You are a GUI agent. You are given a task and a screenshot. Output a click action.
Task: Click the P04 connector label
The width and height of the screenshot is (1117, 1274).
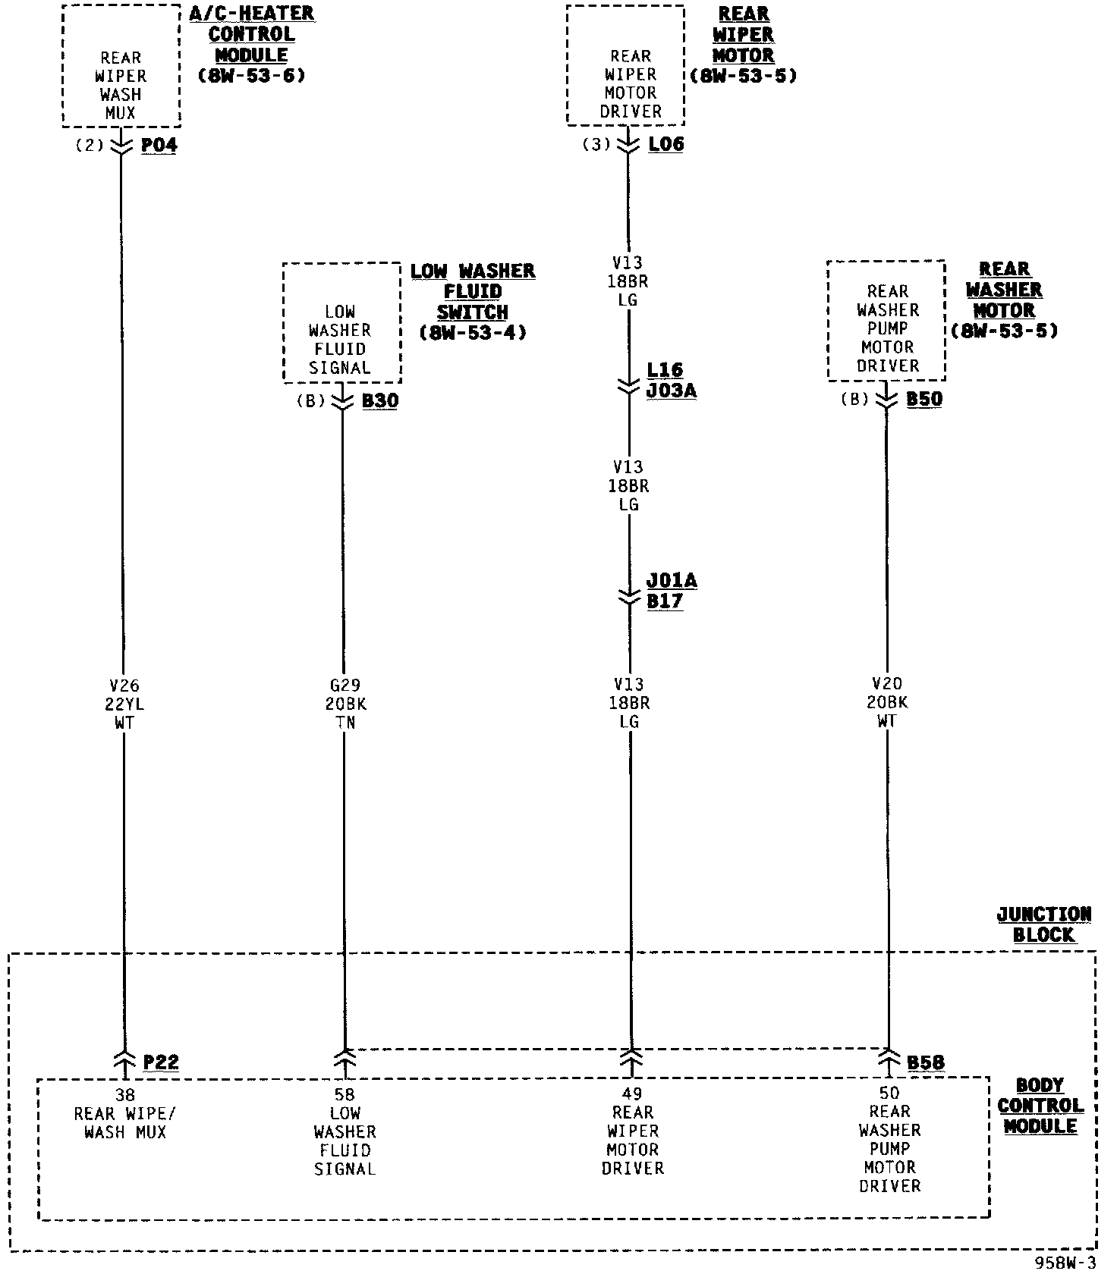coord(159,146)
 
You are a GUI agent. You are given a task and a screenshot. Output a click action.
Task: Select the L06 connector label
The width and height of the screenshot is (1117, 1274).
coord(666,144)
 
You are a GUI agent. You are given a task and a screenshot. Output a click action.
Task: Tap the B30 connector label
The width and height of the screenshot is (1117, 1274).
coord(380,401)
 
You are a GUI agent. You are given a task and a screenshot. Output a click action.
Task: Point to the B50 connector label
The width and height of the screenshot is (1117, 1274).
coord(925,400)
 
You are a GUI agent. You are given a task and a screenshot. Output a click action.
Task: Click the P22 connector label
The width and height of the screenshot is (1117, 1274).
coord(161,1062)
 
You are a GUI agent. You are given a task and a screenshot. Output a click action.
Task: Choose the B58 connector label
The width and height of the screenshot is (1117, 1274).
coord(926,1062)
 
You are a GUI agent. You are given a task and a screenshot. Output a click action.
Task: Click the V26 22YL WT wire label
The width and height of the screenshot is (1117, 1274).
coord(124,704)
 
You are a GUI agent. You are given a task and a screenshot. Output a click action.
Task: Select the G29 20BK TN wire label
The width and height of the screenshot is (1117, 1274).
coord(345,704)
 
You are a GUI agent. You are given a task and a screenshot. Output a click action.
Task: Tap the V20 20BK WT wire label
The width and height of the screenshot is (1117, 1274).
coord(887,703)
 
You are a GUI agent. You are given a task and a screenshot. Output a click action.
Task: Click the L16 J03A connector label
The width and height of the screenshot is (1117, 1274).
coord(671,380)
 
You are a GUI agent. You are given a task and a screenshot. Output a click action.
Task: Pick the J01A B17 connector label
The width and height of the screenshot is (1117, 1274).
coord(671,591)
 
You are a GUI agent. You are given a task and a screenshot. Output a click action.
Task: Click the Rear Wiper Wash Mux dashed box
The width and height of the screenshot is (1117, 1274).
coord(121,66)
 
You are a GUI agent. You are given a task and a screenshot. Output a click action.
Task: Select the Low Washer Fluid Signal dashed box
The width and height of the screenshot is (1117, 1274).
coord(341,323)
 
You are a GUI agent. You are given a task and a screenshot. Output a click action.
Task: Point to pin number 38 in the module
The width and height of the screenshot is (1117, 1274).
coord(124,1094)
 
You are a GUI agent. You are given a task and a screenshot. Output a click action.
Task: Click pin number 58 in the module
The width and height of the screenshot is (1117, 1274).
coord(345,1094)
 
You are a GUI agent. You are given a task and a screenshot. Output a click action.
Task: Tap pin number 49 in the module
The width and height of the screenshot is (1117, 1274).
coord(631,1094)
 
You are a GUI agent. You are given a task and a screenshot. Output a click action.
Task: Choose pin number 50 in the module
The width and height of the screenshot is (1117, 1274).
coord(889,1093)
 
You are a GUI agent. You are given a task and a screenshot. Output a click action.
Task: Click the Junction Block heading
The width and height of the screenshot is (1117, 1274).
coord(1043,924)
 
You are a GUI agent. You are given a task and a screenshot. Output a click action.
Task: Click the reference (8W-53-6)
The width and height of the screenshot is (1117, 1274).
coord(251,76)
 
